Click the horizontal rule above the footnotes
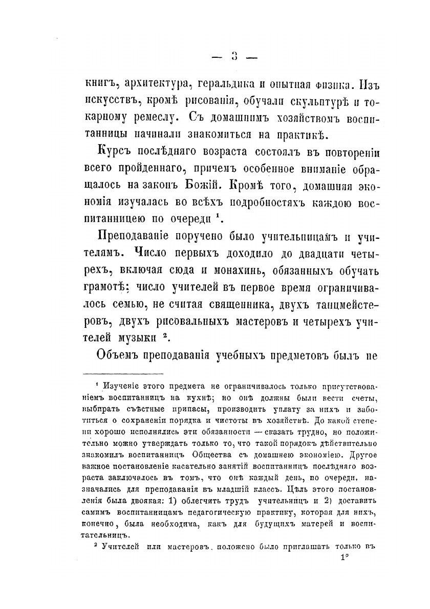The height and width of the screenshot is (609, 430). click(123, 374)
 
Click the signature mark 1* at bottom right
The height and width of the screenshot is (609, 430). click(344, 558)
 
